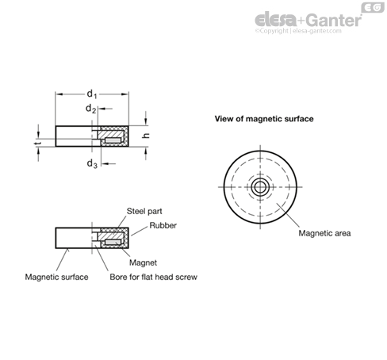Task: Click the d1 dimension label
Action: coord(92,94)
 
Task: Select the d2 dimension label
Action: coord(90,109)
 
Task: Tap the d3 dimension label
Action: coord(92,163)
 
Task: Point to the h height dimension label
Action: coord(146,136)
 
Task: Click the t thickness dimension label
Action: coord(37,144)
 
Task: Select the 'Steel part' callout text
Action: coord(144,211)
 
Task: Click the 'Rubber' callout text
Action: coord(163,225)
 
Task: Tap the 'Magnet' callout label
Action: coord(143,262)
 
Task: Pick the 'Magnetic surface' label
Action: coord(56,277)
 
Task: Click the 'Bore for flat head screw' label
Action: coord(153,277)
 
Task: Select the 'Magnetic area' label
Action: coord(324,233)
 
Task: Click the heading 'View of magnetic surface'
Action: coord(264,119)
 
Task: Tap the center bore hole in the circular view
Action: coord(260,187)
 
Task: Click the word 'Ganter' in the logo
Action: coord(334,20)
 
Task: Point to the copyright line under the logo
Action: coord(298,31)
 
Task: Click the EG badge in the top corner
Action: coord(373,8)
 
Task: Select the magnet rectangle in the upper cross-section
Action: coord(113,140)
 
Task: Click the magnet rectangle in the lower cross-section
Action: coord(113,242)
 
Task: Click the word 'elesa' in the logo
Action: coord(276,20)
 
